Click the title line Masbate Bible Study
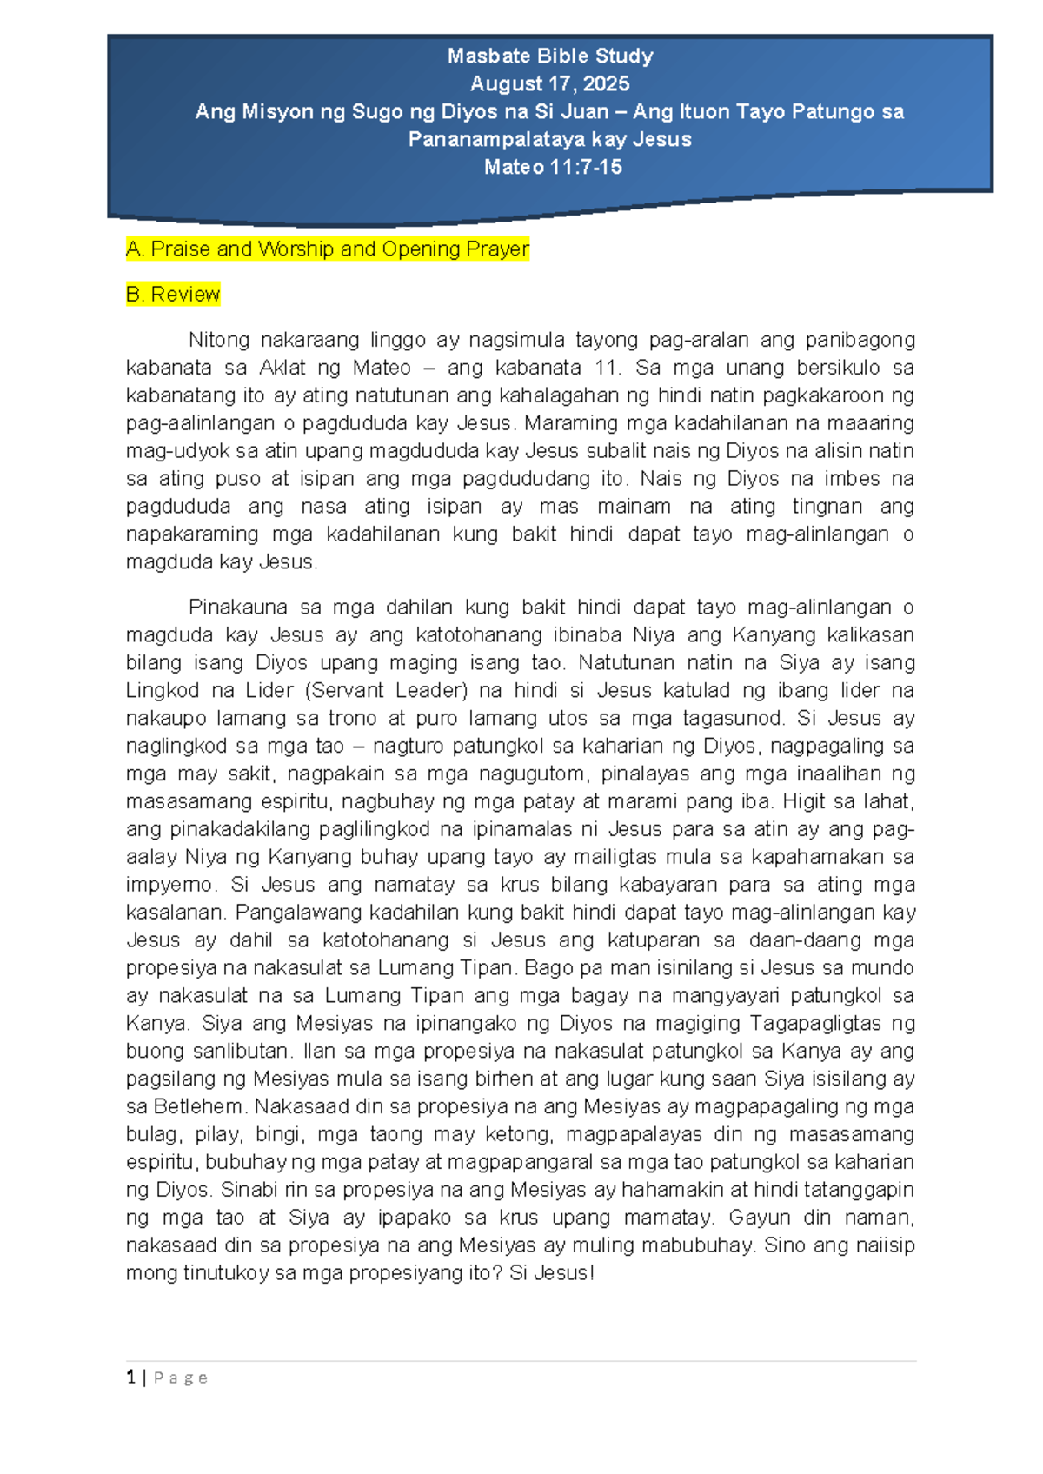(x=550, y=56)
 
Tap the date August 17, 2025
(x=550, y=84)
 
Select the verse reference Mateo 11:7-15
(x=553, y=168)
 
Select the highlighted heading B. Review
(x=173, y=295)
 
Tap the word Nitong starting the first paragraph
(x=218, y=340)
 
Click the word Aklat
(x=282, y=368)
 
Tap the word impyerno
(x=169, y=885)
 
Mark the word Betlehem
(x=199, y=1107)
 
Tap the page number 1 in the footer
(x=130, y=1378)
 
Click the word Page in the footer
(x=181, y=1378)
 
